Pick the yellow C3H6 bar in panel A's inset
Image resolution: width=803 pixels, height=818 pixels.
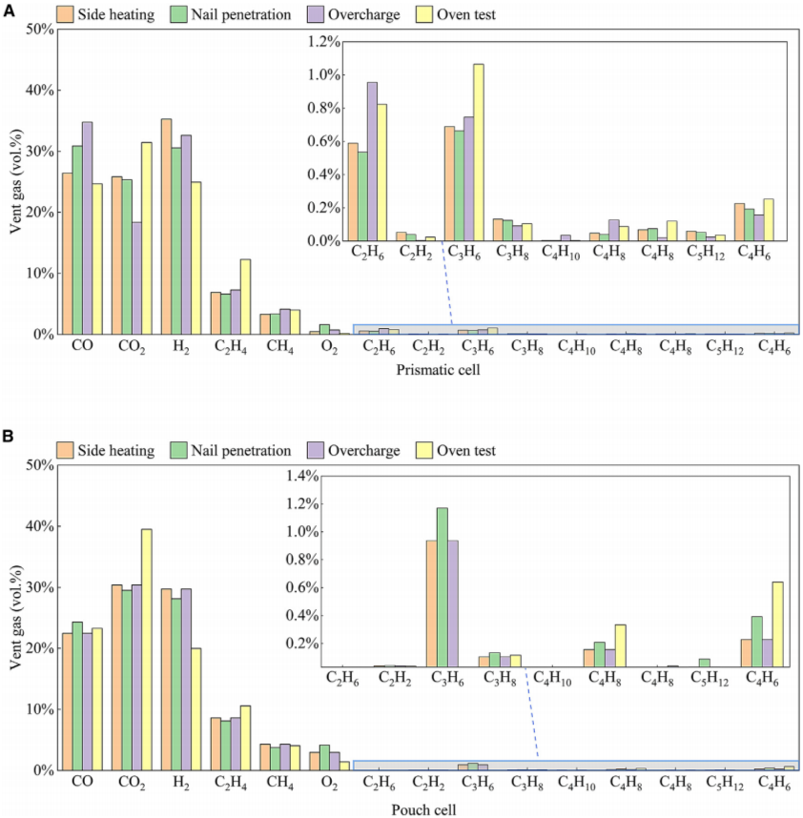tap(479, 153)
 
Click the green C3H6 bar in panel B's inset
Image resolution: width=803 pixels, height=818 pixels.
tap(468, 587)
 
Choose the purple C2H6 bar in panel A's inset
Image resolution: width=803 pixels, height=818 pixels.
tap(372, 161)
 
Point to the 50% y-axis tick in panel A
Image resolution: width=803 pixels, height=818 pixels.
tap(38, 29)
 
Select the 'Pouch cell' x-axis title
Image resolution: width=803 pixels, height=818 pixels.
tap(425, 809)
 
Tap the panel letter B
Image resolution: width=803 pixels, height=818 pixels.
tap(9, 437)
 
